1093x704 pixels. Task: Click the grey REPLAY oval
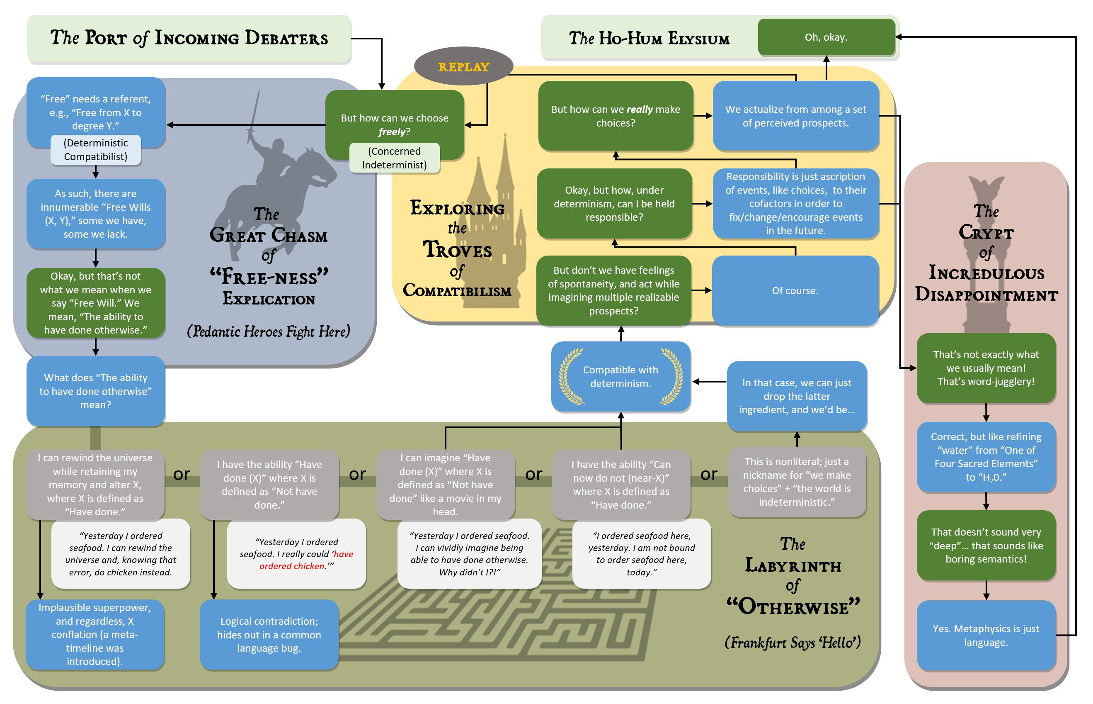pos(463,66)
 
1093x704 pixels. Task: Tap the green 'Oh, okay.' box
pos(825,37)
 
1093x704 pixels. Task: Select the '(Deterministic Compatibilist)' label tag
pos(95,149)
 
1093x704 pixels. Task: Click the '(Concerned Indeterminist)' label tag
pos(394,158)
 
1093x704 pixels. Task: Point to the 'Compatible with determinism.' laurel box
pos(620,376)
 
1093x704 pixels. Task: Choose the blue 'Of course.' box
pos(795,290)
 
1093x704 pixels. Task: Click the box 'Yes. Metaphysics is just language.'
pos(986,635)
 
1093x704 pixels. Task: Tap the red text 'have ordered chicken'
pos(306,560)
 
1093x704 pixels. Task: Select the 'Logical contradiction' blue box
pos(269,635)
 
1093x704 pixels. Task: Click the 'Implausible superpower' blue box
pos(95,635)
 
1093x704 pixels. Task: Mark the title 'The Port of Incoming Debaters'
pos(189,38)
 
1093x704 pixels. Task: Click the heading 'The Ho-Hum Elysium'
pos(649,39)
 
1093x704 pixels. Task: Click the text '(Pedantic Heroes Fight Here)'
pos(268,331)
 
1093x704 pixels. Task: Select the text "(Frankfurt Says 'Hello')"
pos(792,642)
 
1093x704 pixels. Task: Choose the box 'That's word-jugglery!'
pos(986,368)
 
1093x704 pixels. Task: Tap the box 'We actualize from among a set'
pos(795,116)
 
